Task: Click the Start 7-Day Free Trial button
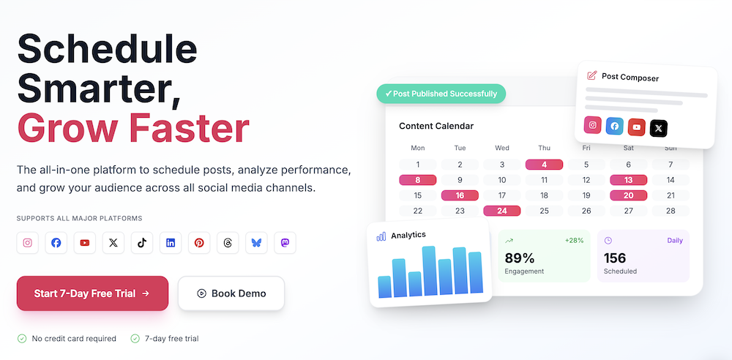point(92,293)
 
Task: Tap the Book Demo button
point(231,293)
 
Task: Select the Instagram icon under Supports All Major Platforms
point(28,243)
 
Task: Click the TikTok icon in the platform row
point(142,243)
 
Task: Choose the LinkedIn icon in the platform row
point(171,243)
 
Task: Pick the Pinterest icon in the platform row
point(199,243)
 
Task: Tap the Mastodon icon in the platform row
point(285,243)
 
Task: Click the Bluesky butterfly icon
point(256,243)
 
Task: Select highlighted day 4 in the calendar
point(544,165)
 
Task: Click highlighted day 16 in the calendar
point(460,195)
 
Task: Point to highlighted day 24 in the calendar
point(502,211)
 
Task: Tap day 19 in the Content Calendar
point(586,195)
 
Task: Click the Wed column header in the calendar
point(502,147)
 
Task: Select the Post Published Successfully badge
point(441,94)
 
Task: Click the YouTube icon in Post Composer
point(637,127)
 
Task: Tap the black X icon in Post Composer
point(659,128)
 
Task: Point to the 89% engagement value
point(520,258)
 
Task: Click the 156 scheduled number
point(615,258)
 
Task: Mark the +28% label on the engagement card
point(574,240)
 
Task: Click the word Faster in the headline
point(189,127)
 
